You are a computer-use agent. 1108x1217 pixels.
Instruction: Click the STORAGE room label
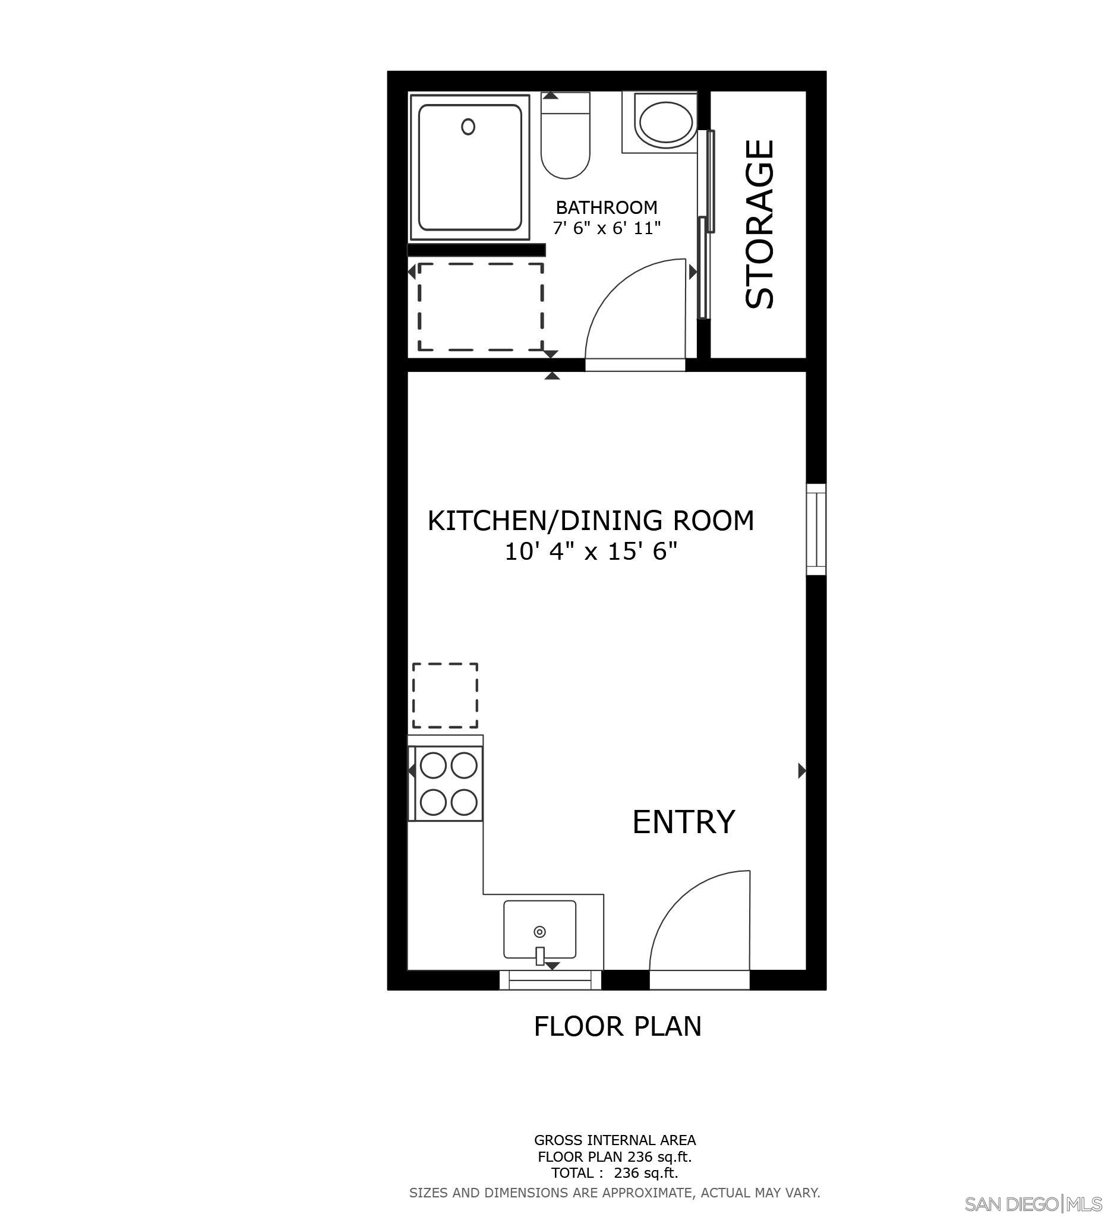click(x=760, y=224)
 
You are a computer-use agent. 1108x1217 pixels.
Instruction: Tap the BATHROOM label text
click(x=606, y=207)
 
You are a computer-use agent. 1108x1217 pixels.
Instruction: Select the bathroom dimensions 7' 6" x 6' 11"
click(x=607, y=228)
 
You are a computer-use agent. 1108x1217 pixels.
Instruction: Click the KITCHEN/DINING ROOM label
click(x=590, y=521)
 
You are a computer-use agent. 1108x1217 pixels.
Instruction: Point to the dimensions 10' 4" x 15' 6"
click(x=590, y=551)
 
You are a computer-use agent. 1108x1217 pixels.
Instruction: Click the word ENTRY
click(x=683, y=822)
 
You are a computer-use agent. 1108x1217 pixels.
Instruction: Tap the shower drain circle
click(x=468, y=127)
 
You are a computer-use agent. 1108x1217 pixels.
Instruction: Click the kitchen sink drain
click(x=539, y=931)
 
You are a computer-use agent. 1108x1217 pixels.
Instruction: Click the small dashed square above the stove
click(x=445, y=695)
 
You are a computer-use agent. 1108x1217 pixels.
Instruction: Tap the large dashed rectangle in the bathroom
click(x=481, y=307)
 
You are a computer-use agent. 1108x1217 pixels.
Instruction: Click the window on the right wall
click(x=816, y=529)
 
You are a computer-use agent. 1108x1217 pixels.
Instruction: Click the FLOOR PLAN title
click(x=617, y=1026)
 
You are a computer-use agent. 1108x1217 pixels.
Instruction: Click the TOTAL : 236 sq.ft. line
click(x=614, y=1172)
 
